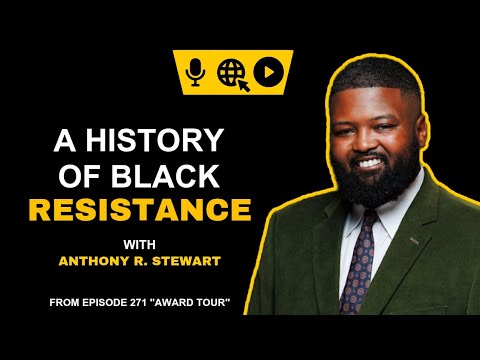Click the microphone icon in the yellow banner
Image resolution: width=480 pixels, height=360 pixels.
[198, 71]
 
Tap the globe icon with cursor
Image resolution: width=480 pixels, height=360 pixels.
[233, 71]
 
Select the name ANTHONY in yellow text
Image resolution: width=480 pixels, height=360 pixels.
[109, 265]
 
